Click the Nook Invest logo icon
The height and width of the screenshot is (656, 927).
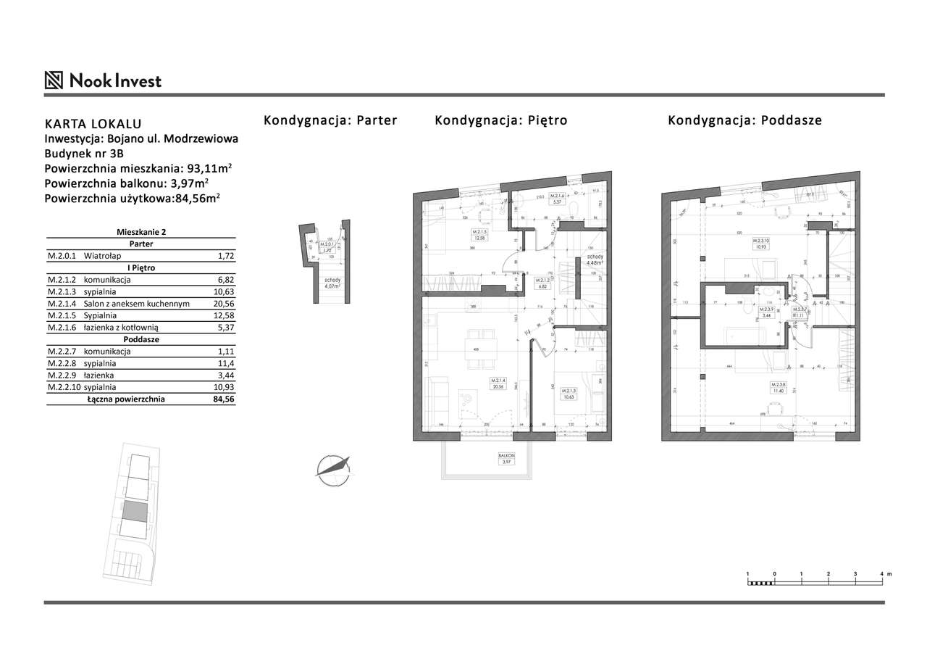pyautogui.click(x=54, y=80)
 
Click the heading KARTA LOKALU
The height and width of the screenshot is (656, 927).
pyautogui.click(x=93, y=124)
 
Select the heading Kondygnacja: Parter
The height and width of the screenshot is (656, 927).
pyautogui.click(x=330, y=120)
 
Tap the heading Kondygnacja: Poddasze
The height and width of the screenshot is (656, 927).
pyautogui.click(x=744, y=120)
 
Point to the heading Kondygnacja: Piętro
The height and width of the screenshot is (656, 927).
pyautogui.click(x=500, y=120)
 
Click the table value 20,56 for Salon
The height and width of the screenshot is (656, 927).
pyautogui.click(x=221, y=304)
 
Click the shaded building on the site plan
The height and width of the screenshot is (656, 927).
pyautogui.click(x=134, y=512)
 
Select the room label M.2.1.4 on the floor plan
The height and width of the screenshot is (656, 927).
pyautogui.click(x=498, y=383)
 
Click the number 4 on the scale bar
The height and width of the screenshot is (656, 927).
pyautogui.click(x=881, y=573)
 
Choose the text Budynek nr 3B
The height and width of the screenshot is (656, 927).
pyautogui.click(x=84, y=154)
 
